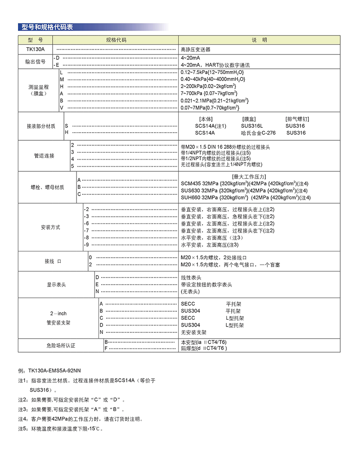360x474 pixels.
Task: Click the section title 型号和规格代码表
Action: pyautogui.click(x=47, y=27)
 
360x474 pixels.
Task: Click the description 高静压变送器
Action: pyautogui.click(x=195, y=49)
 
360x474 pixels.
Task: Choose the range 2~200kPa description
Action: pyautogui.click(x=209, y=86)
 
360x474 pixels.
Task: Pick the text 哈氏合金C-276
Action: pyautogui.click(x=258, y=133)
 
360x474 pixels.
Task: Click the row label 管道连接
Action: pyautogui.click(x=44, y=156)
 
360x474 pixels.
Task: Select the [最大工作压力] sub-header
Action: pyautogui.click(x=248, y=176)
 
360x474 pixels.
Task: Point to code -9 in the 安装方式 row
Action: pyautogui.click(x=87, y=245)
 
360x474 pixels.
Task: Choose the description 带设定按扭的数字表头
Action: pyautogui.click(x=207, y=285)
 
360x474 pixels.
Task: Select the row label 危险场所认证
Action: pyautogui.click(x=61, y=345)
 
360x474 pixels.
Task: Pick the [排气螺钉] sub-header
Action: pyautogui.click(x=297, y=119)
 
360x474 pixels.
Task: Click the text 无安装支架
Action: pyautogui.click(x=193, y=332)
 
